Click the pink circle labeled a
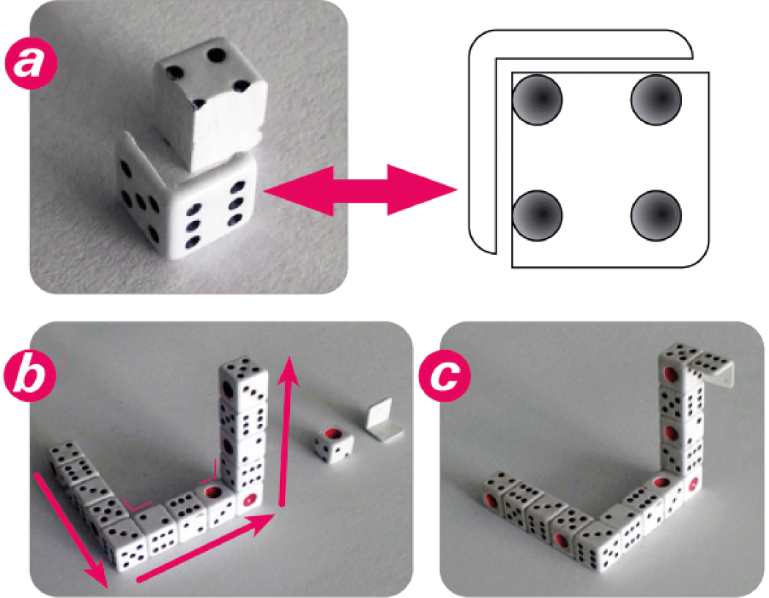click(31, 64)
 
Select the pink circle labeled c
click(444, 375)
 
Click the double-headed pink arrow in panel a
click(361, 190)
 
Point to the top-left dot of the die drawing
click(537, 100)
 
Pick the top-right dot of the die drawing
click(655, 100)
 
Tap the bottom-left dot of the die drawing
click(537, 215)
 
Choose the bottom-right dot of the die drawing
click(655, 215)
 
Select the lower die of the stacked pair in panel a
click(186, 201)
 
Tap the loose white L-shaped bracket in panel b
click(384, 418)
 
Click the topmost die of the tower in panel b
click(244, 381)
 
